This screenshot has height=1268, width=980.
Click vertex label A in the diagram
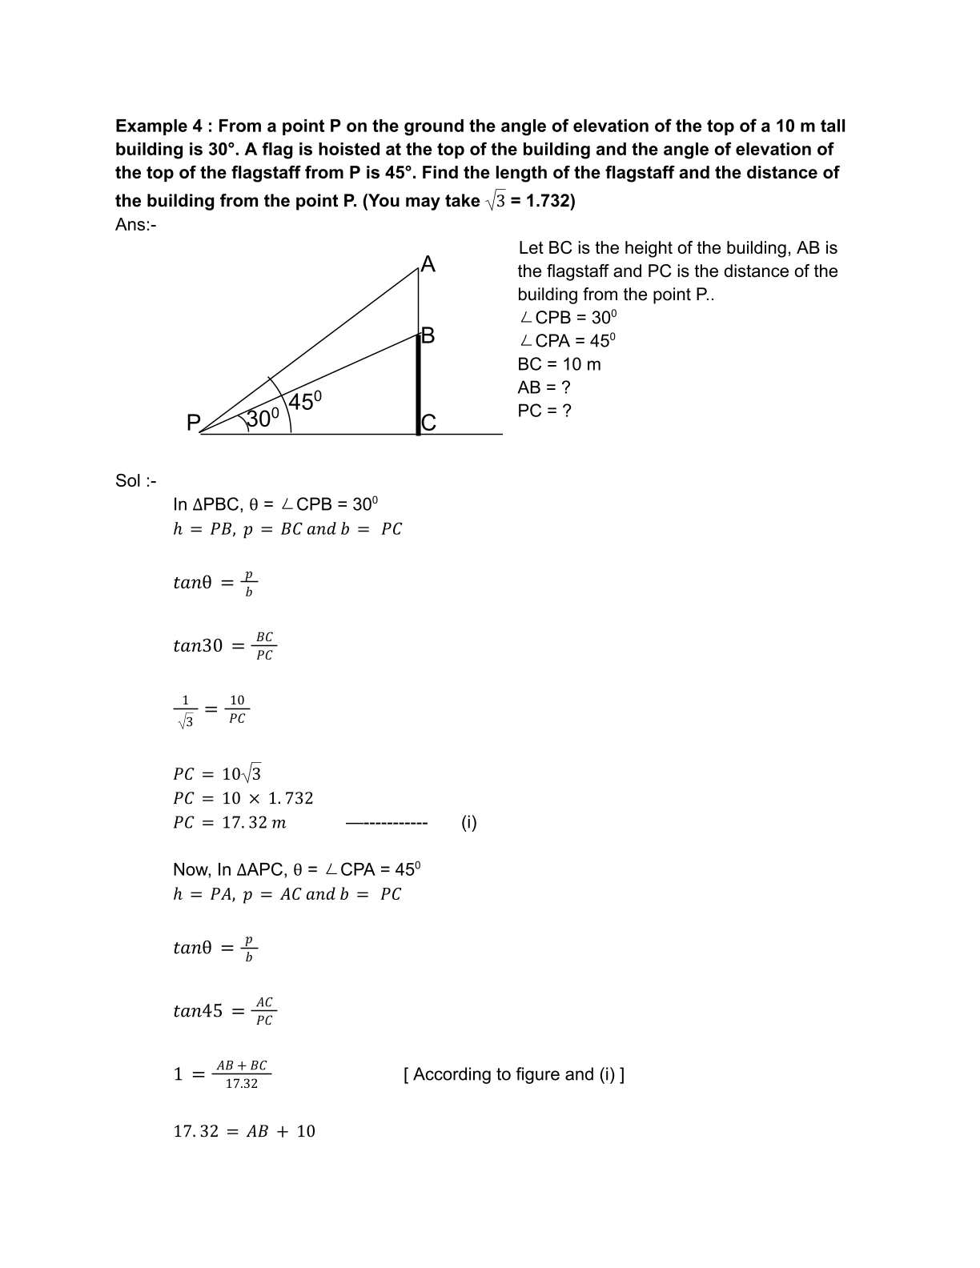tap(428, 265)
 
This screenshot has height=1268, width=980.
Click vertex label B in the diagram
tap(428, 335)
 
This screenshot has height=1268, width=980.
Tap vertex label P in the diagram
tap(193, 423)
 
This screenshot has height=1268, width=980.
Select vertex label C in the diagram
tap(429, 423)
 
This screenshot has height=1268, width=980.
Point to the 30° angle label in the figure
tap(262, 419)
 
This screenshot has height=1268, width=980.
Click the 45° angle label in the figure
tap(304, 401)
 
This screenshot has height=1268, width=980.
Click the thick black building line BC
tap(418, 384)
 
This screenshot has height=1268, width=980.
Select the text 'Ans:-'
tap(135, 225)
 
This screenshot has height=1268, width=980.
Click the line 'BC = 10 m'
tap(559, 364)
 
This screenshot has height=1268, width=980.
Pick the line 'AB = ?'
tap(544, 387)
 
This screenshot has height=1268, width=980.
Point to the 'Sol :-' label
tap(135, 481)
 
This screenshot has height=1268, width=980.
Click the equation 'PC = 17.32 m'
tap(230, 823)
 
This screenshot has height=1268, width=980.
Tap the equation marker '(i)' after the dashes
tap(469, 823)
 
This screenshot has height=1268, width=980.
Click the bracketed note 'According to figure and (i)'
tap(514, 1074)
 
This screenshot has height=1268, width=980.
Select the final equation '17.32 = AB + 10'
tap(244, 1132)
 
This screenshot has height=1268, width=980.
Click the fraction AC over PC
tap(264, 1011)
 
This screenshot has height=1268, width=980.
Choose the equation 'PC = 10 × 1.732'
tap(243, 799)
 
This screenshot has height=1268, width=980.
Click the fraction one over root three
tap(185, 711)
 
